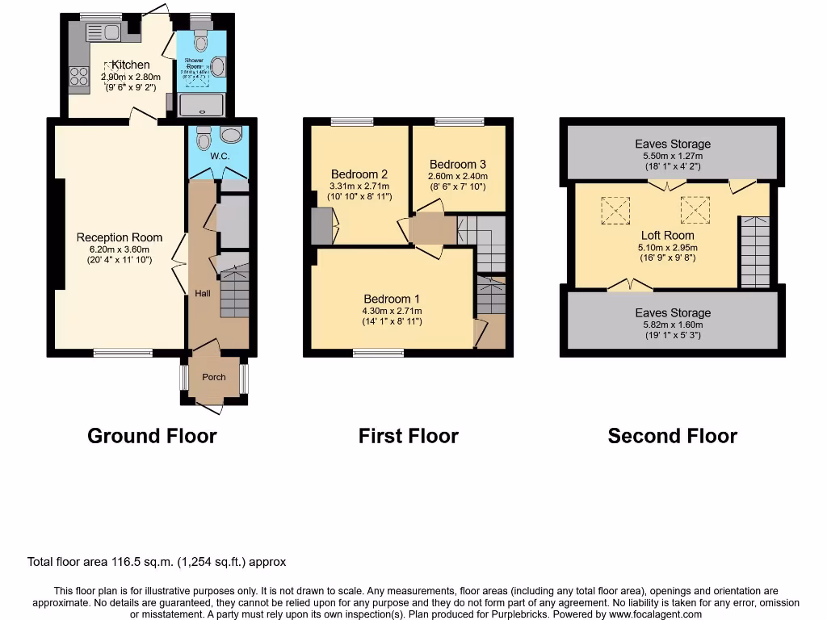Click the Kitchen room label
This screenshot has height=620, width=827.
pyautogui.click(x=131, y=65)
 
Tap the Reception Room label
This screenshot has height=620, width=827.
pyautogui.click(x=120, y=237)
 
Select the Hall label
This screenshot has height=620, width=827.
pyautogui.click(x=202, y=293)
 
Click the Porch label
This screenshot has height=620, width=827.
pyautogui.click(x=214, y=377)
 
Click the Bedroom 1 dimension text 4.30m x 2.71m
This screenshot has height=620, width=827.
pyautogui.click(x=393, y=311)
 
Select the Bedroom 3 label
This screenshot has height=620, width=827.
pyautogui.click(x=458, y=164)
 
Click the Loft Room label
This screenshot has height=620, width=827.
pyautogui.click(x=668, y=236)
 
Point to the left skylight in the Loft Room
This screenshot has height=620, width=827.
pyautogui.click(x=615, y=212)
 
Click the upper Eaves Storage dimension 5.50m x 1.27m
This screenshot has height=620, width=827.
pyautogui.click(x=673, y=156)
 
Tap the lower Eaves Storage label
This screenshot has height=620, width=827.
pyautogui.click(x=673, y=312)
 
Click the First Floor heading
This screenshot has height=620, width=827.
pyautogui.click(x=408, y=436)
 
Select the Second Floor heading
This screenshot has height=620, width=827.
pyautogui.click(x=672, y=436)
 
